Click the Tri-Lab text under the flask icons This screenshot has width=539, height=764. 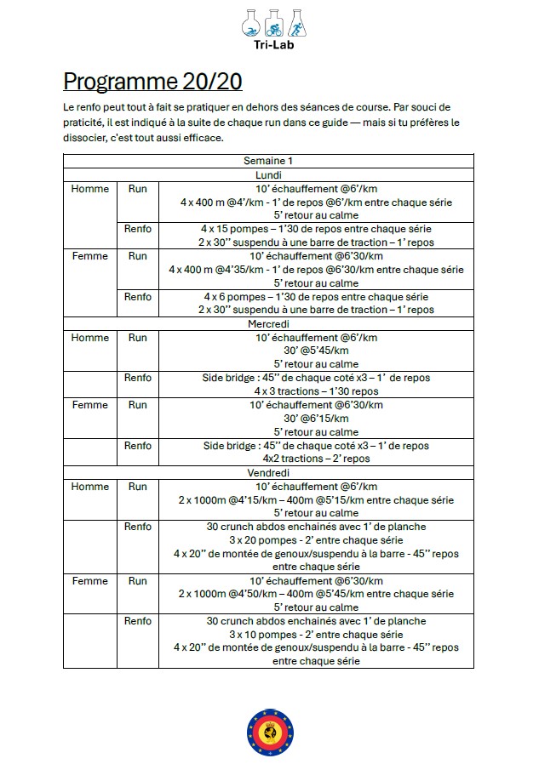tap(268, 46)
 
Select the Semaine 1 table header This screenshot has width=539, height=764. tap(268, 161)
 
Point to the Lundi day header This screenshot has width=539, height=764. tap(268, 174)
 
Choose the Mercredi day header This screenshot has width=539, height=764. tap(268, 324)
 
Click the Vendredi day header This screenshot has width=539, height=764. tap(268, 472)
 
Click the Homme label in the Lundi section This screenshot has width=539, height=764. tap(89, 189)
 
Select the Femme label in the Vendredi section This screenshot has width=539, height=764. tap(89, 581)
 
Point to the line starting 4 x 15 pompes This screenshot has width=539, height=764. tap(316, 229)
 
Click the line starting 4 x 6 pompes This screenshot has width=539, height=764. tap(316, 297)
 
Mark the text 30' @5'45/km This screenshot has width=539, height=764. tap(316, 351)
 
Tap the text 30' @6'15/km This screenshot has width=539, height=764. tap(316, 419)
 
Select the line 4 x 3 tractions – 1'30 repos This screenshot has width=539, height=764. tap(316, 391)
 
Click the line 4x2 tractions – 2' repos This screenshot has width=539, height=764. tap(316, 459)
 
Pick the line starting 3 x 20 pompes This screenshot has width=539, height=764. tap(316, 540)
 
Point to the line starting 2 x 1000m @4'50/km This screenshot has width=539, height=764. tap(316, 595)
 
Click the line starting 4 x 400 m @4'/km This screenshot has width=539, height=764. tap(316, 202)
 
